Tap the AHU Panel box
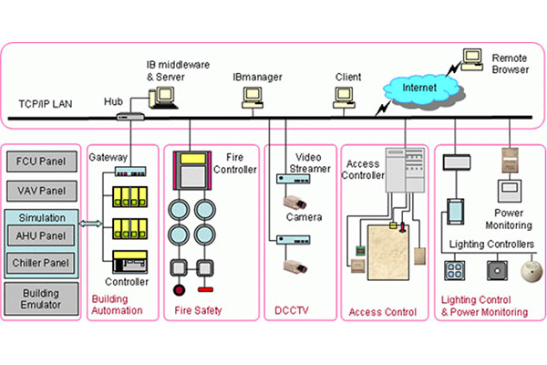[x=42, y=235]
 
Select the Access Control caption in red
[x=383, y=312]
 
